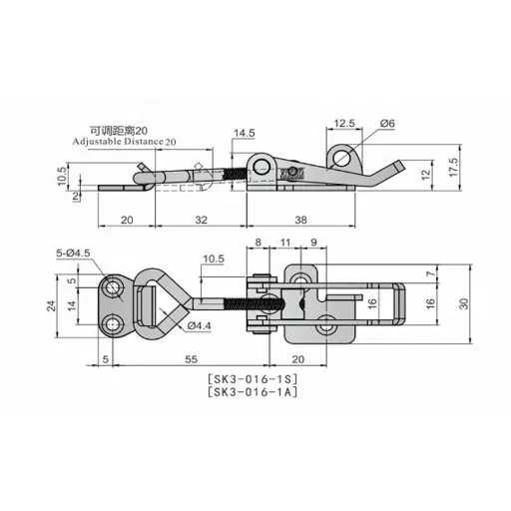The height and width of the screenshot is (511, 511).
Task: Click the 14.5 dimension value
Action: click(246, 132)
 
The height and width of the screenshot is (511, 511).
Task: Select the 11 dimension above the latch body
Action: click(284, 242)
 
